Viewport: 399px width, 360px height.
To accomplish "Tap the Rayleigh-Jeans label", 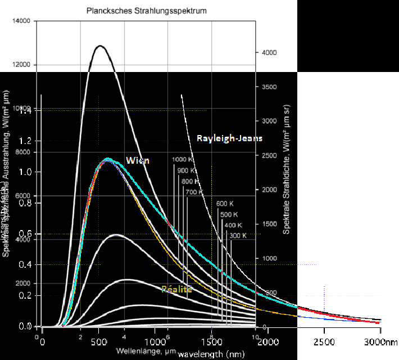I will pyautogui.click(x=229, y=138).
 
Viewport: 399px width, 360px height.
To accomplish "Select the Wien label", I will pyautogui.click(x=138, y=160).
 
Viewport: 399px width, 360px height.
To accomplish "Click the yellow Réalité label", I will pyautogui.click(x=176, y=289).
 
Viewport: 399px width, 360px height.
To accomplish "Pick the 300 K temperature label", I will pyautogui.click(x=238, y=236).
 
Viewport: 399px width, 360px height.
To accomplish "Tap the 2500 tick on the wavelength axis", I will pyautogui.click(x=324, y=343).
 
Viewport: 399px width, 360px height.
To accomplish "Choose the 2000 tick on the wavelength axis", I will pyautogui.click(x=268, y=343).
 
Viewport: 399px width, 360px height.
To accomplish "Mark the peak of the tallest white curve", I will pyautogui.click(x=100, y=46).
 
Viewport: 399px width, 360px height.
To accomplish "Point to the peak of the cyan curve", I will pyautogui.click(x=107, y=159).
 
